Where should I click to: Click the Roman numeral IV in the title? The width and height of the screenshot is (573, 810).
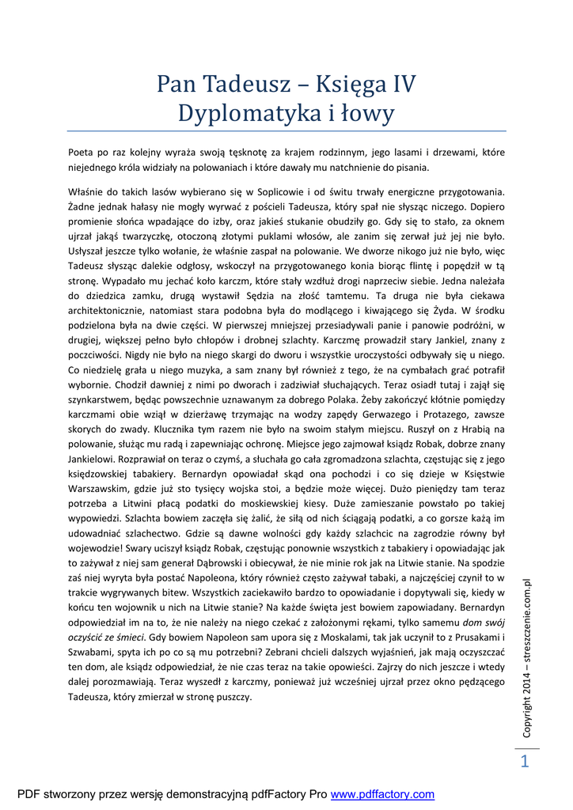coord(396,84)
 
